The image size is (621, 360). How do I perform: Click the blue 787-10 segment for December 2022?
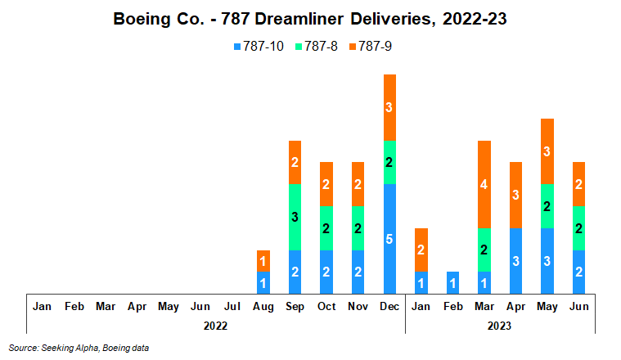click(389, 238)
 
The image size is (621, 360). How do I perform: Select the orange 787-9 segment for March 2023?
click(484, 184)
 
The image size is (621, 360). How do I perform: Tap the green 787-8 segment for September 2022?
click(295, 217)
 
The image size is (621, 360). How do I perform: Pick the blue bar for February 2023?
click(452, 282)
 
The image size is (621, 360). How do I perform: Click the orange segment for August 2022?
click(263, 261)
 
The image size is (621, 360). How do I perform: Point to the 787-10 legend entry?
click(258, 47)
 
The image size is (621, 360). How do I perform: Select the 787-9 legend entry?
click(373, 47)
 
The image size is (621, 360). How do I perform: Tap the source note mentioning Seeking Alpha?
click(79, 348)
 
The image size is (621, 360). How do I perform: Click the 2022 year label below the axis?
click(215, 326)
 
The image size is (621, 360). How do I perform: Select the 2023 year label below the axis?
click(499, 326)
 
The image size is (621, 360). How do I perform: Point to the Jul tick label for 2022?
click(232, 306)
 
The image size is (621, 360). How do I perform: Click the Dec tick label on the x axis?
click(389, 306)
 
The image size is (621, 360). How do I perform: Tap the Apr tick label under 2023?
click(515, 306)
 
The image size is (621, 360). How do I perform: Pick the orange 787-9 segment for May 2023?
click(547, 151)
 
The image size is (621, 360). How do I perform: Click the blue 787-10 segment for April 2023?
click(515, 260)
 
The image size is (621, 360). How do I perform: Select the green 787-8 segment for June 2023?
click(578, 227)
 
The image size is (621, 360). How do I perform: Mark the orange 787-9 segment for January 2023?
click(421, 250)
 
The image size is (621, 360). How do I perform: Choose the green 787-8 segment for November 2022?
click(358, 227)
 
